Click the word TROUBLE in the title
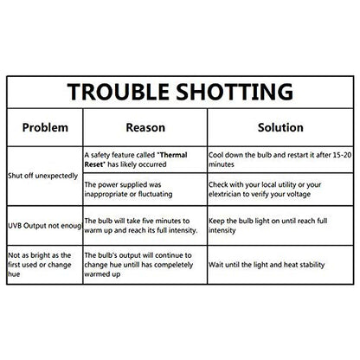click(x=118, y=92)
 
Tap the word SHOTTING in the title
click(x=235, y=92)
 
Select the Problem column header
click(x=45, y=127)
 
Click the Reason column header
click(x=145, y=127)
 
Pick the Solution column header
click(x=280, y=127)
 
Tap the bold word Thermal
click(x=173, y=155)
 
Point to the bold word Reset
click(x=93, y=164)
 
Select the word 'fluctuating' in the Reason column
click(x=155, y=194)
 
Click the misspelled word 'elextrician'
click(x=225, y=194)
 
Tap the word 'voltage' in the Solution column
click(x=299, y=195)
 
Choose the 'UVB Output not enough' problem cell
click(x=45, y=226)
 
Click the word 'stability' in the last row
click(x=312, y=265)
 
